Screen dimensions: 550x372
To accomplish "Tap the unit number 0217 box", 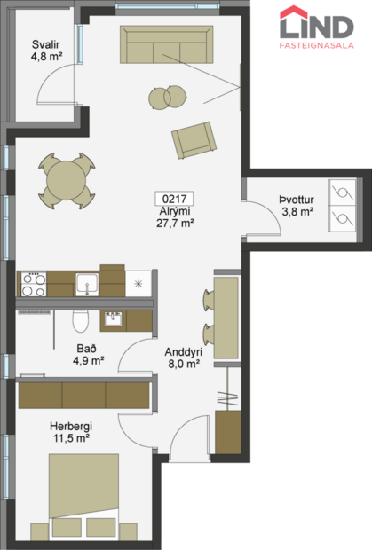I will pos(173,200).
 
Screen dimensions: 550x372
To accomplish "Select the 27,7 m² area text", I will pos(173,224).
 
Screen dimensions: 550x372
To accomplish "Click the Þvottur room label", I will pos(297,200).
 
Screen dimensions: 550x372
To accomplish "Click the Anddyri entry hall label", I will pos(182,350).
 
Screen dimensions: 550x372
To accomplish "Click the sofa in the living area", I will pos(167,43).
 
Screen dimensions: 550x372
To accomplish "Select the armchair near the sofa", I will pos(194,139).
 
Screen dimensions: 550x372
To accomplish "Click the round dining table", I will pos(65,177).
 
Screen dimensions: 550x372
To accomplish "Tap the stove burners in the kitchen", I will pos(34,284).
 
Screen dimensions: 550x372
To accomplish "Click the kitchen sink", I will pos(87,284).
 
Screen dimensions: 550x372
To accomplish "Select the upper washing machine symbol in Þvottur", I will pos(341,192).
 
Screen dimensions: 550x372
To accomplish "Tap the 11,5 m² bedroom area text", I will pos(71,438).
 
